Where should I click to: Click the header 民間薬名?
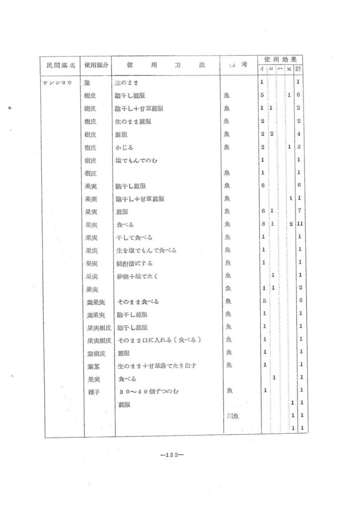tap(59, 65)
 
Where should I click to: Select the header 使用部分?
tap(96, 65)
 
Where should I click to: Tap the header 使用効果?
tap(280, 59)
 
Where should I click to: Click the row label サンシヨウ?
tap(59, 82)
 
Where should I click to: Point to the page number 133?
tap(169, 453)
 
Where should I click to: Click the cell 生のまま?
tap(125, 82)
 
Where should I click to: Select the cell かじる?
tap(124, 147)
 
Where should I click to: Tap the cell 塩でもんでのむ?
tap(136, 160)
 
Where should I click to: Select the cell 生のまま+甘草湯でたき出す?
tap(156, 366)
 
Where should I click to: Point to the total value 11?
tap(299, 225)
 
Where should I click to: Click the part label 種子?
tap(93, 391)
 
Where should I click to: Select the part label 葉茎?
tap(93, 366)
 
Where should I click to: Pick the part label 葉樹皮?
tap(96, 353)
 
